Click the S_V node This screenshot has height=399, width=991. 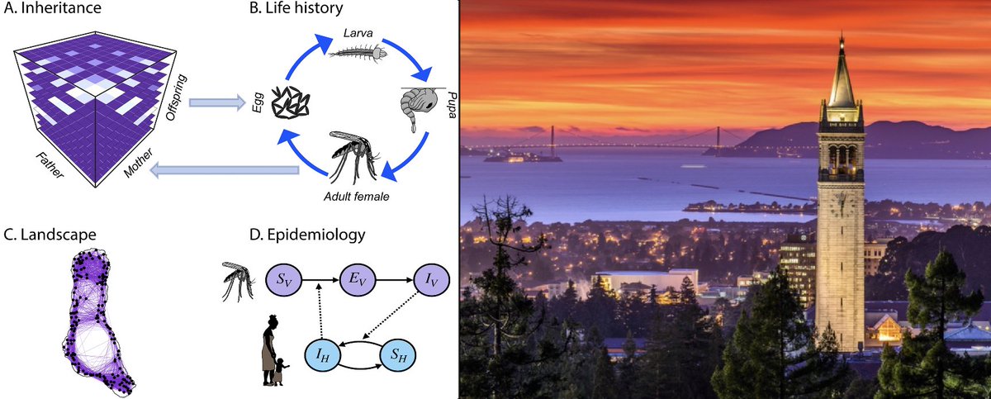click(283, 279)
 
